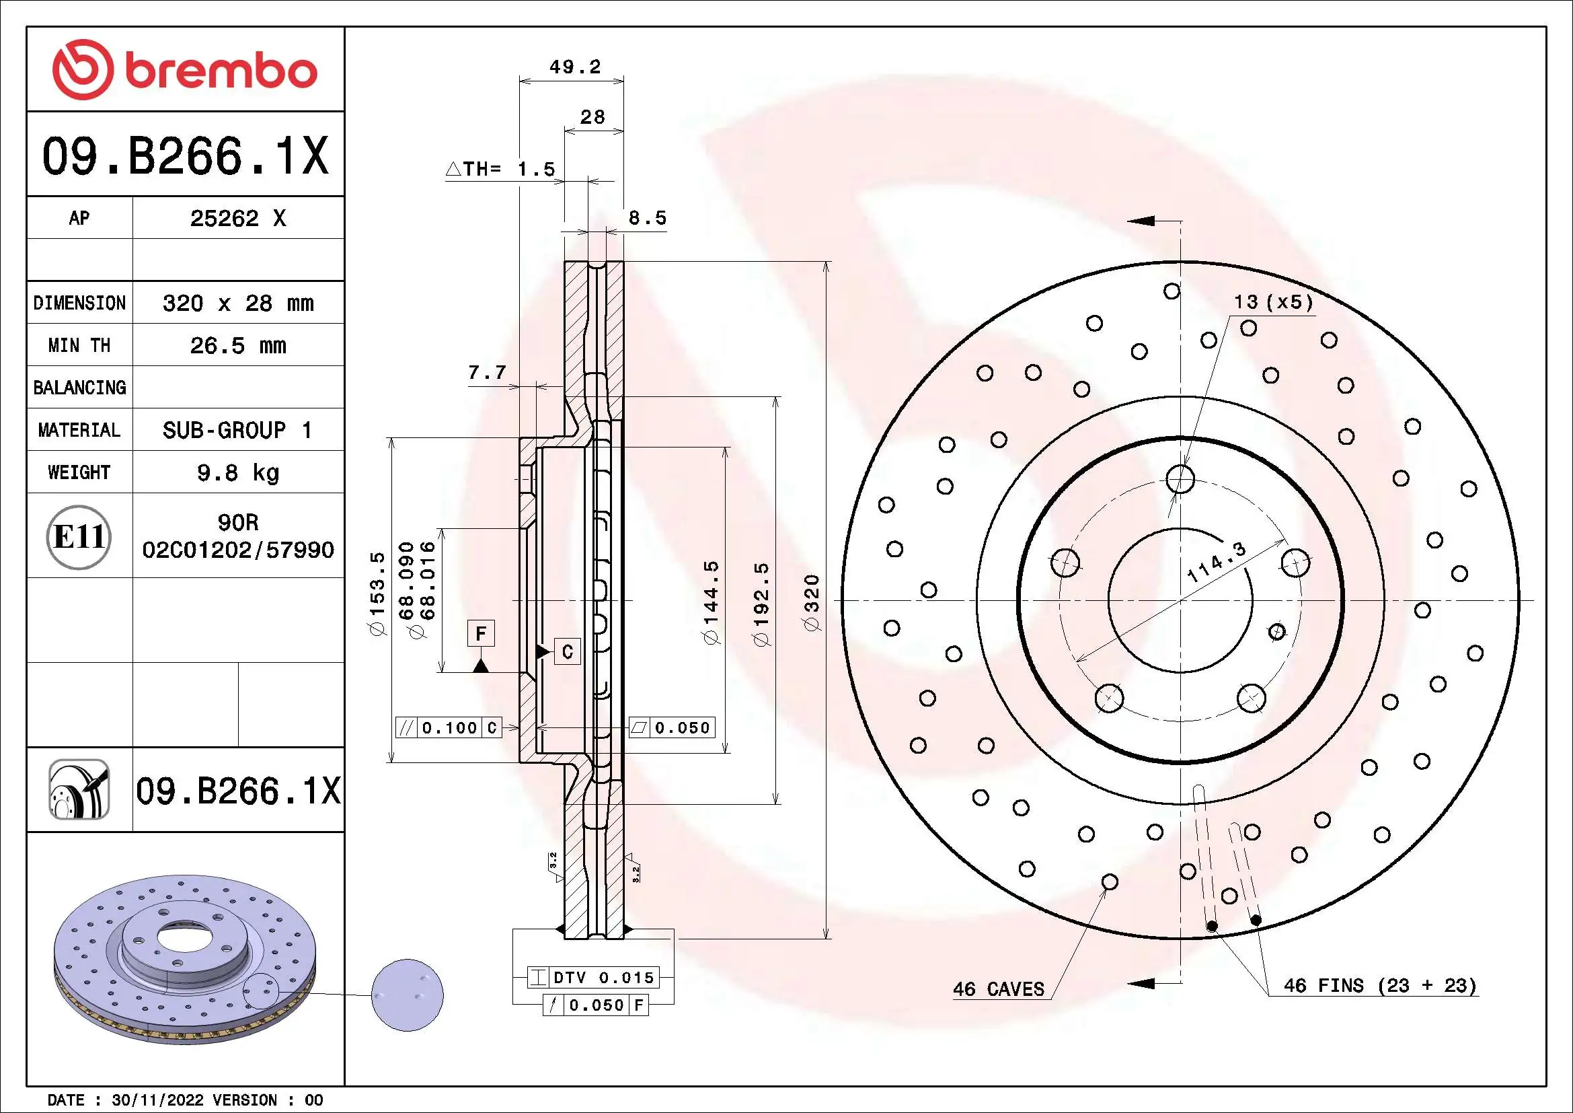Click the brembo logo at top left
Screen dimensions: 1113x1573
click(185, 70)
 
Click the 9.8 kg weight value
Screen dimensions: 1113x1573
click(237, 472)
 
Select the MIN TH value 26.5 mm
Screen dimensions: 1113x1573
click(237, 345)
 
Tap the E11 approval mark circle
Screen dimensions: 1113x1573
click(79, 536)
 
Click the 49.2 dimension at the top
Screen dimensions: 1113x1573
click(575, 67)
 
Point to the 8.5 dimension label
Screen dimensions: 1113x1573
click(648, 218)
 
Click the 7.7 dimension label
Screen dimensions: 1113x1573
click(487, 373)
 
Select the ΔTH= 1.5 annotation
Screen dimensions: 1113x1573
click(501, 170)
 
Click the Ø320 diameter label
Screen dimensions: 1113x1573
click(812, 603)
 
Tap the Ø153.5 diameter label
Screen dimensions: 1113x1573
click(378, 594)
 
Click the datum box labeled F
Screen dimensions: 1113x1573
click(481, 633)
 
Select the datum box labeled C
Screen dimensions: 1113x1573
click(568, 651)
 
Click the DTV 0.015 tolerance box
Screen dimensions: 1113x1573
click(593, 977)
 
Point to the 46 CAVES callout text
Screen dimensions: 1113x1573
click(998, 989)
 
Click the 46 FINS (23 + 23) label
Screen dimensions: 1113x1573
click(1379, 986)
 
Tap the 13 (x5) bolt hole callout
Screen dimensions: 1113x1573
click(1273, 302)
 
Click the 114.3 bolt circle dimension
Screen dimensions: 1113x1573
click(1217, 562)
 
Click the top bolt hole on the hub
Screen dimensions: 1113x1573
click(1180, 478)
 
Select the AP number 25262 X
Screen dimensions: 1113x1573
click(237, 218)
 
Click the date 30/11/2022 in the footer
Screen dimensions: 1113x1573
click(157, 1100)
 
